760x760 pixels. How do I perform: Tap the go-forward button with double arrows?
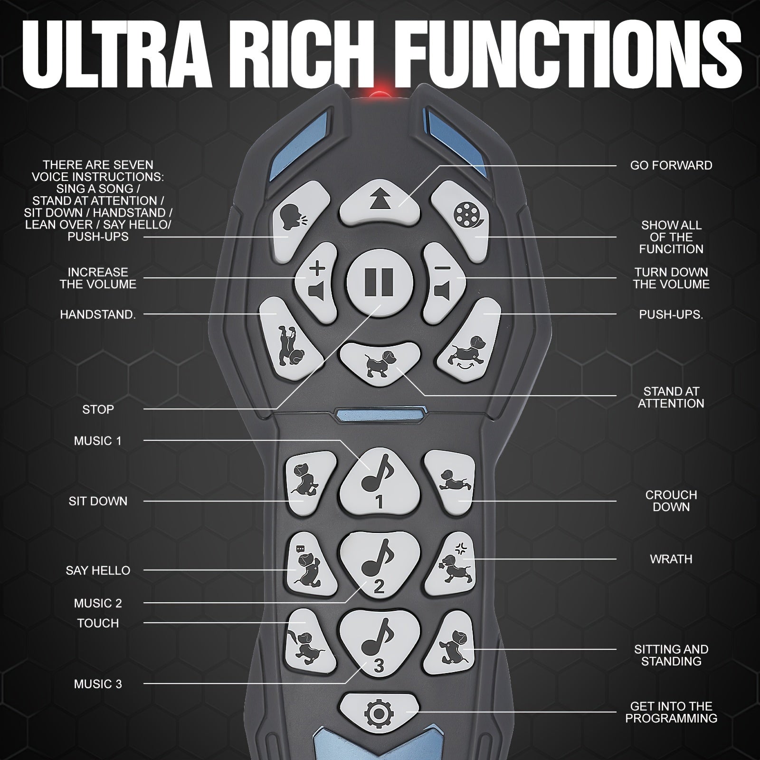(x=380, y=201)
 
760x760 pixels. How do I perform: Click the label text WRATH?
(x=671, y=559)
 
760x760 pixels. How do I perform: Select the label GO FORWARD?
(x=671, y=166)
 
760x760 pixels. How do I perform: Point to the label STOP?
(x=98, y=409)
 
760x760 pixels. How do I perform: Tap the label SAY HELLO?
(x=98, y=570)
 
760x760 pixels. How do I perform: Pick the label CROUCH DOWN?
(x=671, y=501)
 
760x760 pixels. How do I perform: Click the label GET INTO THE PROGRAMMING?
(x=671, y=712)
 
